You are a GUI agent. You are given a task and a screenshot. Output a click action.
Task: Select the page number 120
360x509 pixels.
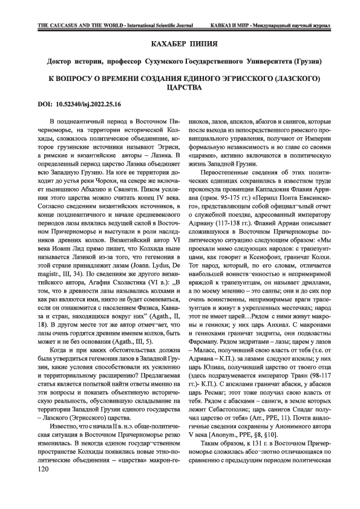coord(45,485)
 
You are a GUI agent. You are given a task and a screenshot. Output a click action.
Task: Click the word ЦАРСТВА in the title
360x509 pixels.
coord(179,88)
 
